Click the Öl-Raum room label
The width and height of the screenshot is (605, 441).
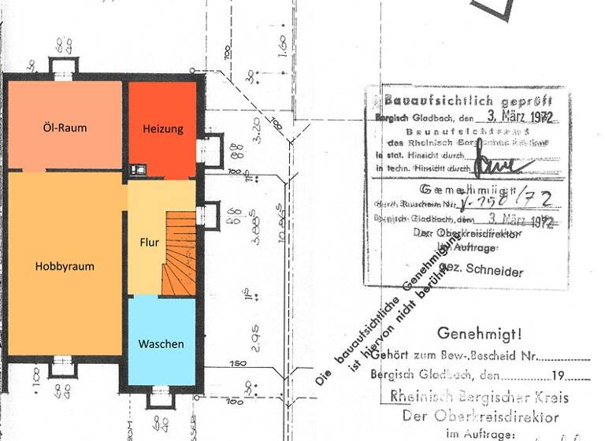tap(65, 128)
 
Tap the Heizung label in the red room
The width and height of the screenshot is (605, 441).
tap(163, 129)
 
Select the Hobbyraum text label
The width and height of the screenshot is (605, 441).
tap(65, 266)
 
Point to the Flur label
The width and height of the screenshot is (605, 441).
tap(150, 243)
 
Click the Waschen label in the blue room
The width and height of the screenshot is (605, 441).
tap(161, 344)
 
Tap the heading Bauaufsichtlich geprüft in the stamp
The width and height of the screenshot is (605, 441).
tap(468, 102)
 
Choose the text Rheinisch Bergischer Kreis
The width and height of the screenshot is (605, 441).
tap(479, 398)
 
